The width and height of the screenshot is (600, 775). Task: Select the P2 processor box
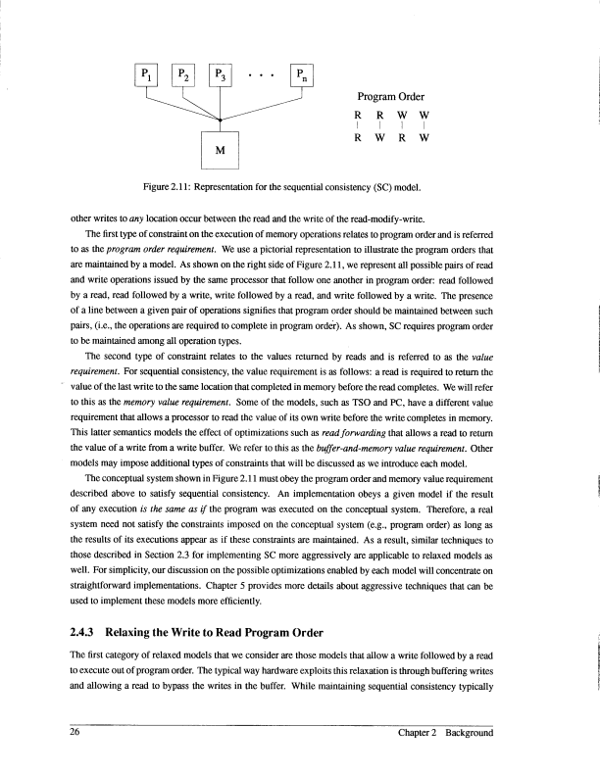tap(183, 75)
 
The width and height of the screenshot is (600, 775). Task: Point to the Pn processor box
tap(302, 75)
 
